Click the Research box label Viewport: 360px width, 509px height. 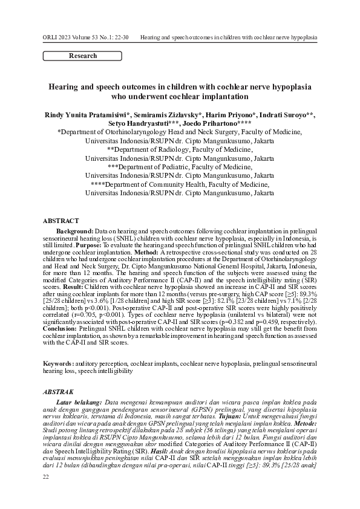point(83,56)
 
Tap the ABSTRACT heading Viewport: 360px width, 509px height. point(61,221)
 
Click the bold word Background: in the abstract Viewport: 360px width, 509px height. point(74,232)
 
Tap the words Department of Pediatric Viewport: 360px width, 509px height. point(162,166)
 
